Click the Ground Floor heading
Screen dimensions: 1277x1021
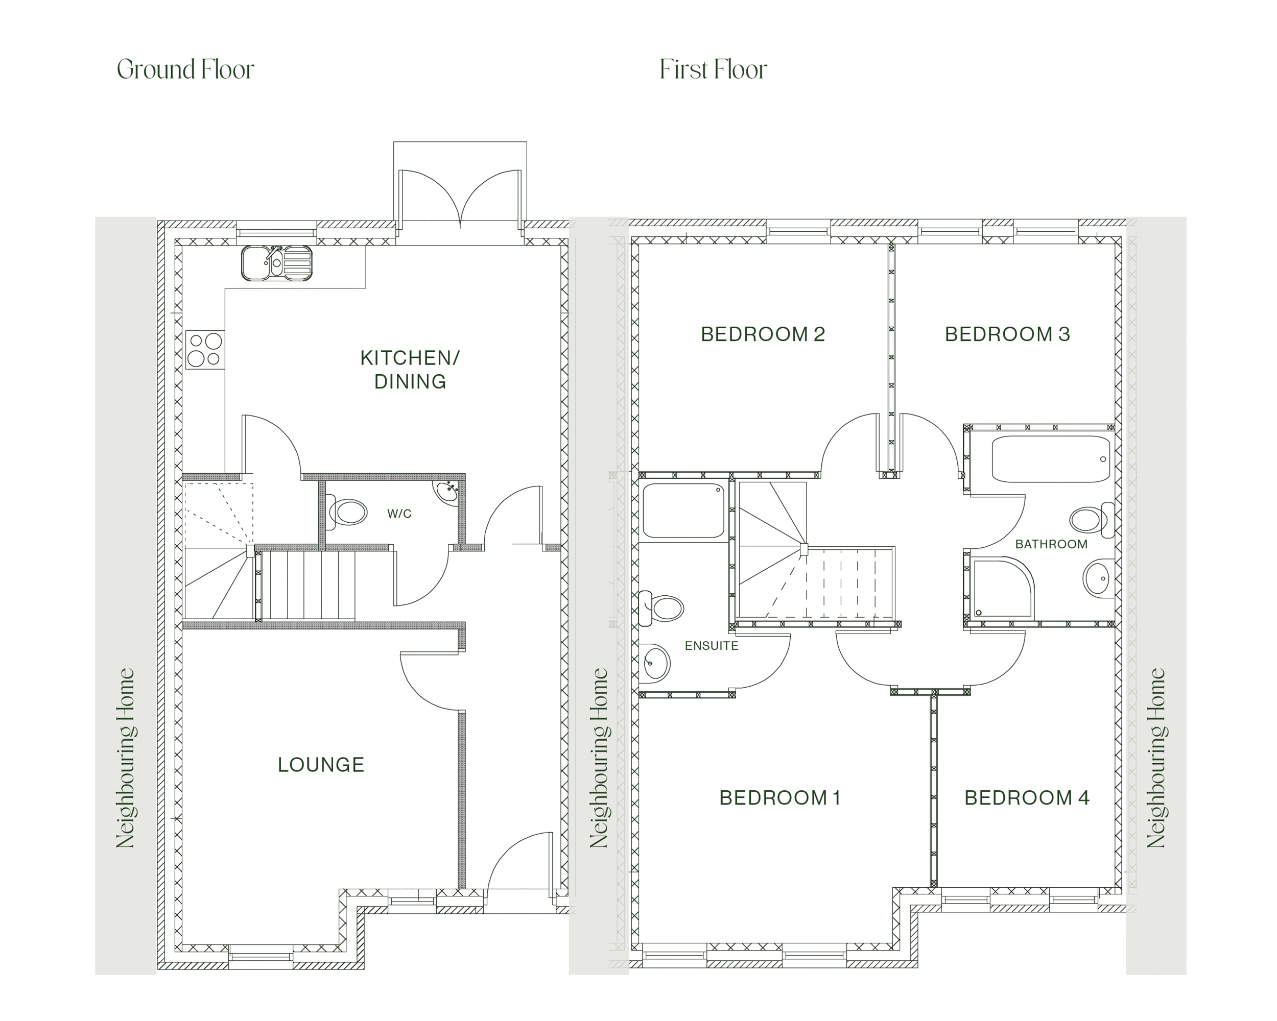(185, 70)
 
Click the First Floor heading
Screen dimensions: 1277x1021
(713, 70)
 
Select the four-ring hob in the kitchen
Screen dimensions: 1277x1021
(205, 349)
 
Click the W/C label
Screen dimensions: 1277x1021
(399, 514)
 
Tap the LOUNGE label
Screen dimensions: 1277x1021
(321, 765)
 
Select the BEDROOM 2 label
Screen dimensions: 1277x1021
(763, 334)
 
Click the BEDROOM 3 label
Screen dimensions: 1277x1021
(1007, 334)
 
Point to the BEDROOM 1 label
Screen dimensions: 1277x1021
(780, 798)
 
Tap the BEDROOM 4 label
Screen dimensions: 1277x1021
(1027, 798)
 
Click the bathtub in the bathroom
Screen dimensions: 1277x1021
(1051, 459)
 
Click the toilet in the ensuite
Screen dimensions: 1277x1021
(661, 609)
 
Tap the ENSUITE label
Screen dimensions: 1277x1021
(712, 646)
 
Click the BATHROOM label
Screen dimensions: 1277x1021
(1051, 545)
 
